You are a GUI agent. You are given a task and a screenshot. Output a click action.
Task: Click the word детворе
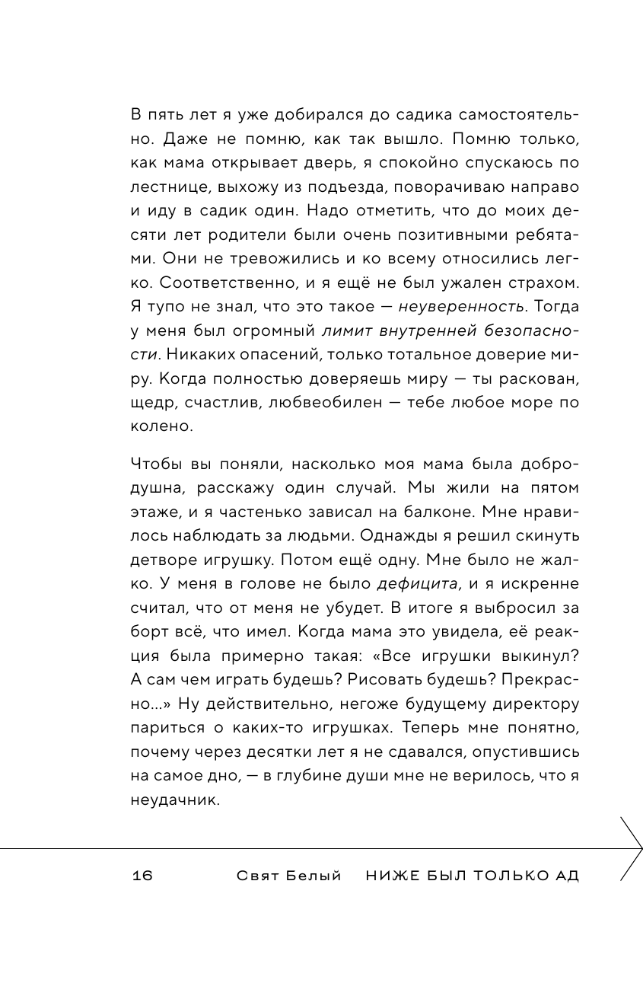pos(164,562)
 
